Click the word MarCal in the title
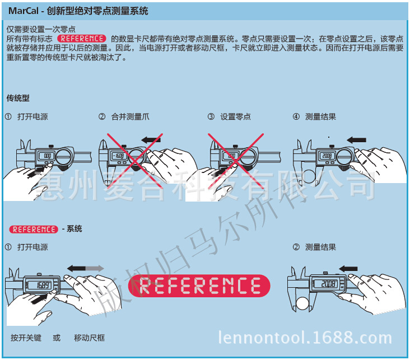point(22,11)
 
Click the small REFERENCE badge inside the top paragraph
point(82,39)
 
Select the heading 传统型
point(17,98)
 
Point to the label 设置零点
point(235,117)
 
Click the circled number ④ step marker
point(296,117)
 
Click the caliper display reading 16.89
point(43,285)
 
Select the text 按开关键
point(26,338)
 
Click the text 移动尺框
point(90,338)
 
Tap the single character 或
point(57,338)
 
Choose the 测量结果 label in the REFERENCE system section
point(320,247)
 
